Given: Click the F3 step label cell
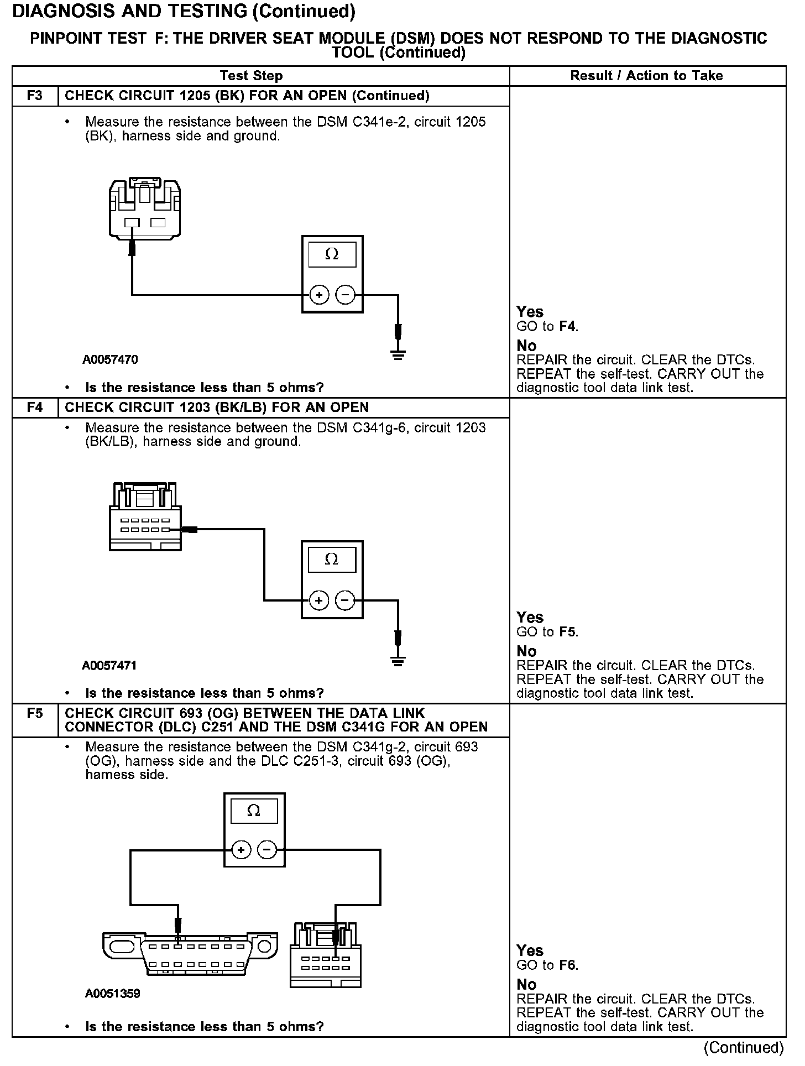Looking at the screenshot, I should point(34,96).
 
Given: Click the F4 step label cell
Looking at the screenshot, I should point(34,407).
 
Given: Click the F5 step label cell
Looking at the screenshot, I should point(34,714).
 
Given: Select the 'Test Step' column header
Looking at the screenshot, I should point(251,76).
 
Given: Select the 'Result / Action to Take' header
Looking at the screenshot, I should point(646,76).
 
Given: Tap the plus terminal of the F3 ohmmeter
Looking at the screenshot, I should point(319,295).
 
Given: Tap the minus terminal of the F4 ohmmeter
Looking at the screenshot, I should point(346,600).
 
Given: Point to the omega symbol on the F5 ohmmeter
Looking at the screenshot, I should point(254,811).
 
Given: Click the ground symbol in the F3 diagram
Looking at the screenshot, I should point(398,354).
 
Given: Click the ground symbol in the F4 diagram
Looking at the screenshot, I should point(398,660).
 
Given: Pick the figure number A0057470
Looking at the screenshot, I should point(111,360).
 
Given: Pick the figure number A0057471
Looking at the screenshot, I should point(109,666).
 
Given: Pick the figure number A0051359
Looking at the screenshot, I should point(113,994).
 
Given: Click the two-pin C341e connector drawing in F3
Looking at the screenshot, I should point(145,208).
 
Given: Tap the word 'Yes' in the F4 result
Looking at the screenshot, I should point(530,617).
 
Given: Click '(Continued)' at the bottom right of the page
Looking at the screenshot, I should point(744,1047).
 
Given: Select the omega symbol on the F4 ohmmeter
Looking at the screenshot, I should point(332,560).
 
